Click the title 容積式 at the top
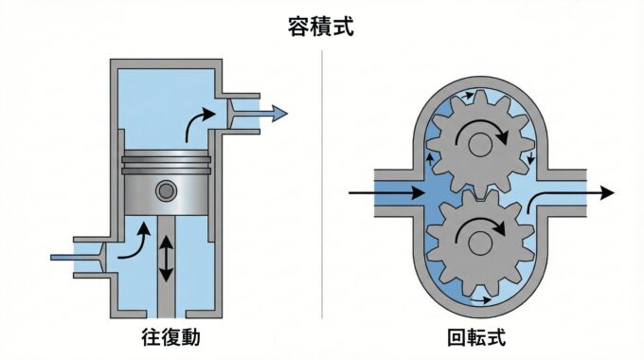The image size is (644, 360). [320, 27]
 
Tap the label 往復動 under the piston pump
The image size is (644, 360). [170, 337]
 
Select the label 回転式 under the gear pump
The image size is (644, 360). [476, 337]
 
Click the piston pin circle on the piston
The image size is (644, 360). [167, 190]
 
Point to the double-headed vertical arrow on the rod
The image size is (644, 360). [166, 260]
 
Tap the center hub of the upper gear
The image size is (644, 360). [480, 145]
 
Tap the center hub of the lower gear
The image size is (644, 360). [480, 243]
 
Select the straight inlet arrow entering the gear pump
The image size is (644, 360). [387, 192]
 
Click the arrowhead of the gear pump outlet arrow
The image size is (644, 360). [607, 192]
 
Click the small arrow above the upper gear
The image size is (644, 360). [468, 96]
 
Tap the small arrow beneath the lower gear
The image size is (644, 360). [480, 300]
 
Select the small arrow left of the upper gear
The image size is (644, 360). [430, 159]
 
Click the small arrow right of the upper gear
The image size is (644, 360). [531, 157]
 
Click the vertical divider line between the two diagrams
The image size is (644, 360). [322, 184]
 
